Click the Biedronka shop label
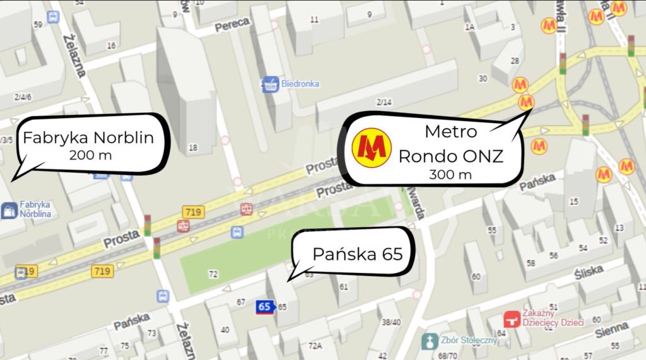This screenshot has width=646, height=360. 300,84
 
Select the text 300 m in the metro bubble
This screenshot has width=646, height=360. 450,175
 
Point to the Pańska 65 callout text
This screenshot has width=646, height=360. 357,255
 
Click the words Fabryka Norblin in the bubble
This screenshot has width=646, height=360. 88,137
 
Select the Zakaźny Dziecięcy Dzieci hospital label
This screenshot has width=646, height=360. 552,318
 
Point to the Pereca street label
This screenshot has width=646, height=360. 232,25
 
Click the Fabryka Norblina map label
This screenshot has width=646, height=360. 35,209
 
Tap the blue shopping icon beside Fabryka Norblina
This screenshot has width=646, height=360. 9,211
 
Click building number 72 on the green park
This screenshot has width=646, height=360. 213,274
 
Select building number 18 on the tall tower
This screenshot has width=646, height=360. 193,148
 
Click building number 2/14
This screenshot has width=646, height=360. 384,102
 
